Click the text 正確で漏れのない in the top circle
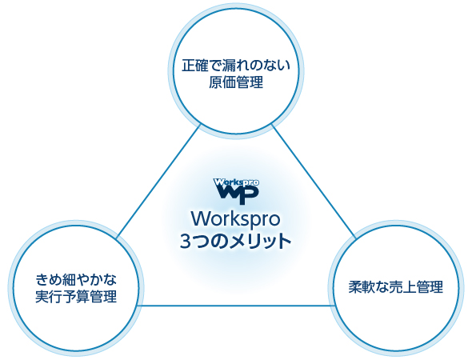(236, 66)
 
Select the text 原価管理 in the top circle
(236, 82)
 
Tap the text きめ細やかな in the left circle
(76, 280)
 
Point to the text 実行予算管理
(76, 297)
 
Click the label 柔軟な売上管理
(396, 287)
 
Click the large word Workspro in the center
(236, 219)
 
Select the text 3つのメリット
(236, 241)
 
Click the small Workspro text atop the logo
(236, 182)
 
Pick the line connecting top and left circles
(158, 182)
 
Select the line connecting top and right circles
(314, 182)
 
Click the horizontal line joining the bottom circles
(236, 306)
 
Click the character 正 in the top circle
(189, 66)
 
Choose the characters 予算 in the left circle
(76, 297)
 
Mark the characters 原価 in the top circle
(222, 82)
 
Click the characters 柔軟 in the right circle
(362, 287)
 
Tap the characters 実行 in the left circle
(49, 297)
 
